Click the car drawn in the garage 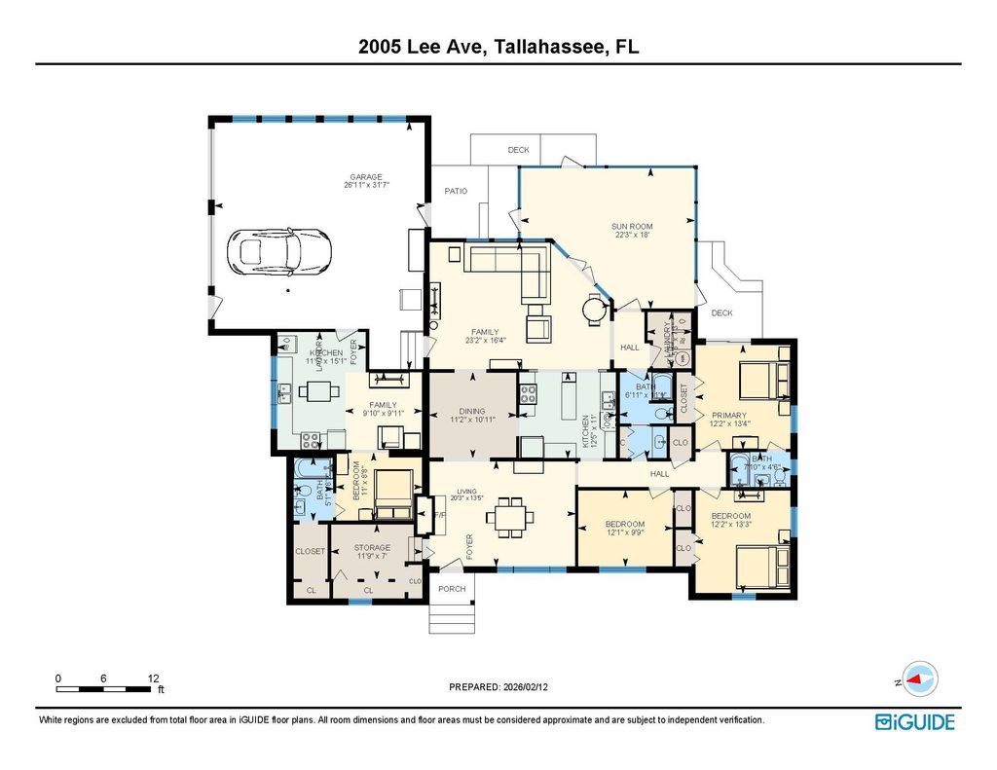point(278,252)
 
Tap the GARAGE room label point(366,177)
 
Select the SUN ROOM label point(632,227)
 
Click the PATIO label point(456,191)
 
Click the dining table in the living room point(509,516)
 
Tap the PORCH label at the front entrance point(452,589)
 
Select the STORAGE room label point(372,548)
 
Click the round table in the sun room point(593,311)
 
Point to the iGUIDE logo point(914,721)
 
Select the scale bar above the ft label point(105,688)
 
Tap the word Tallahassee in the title point(546,47)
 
